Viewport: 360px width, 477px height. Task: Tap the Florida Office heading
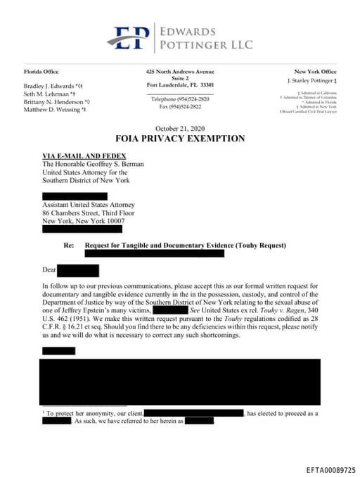click(x=41, y=72)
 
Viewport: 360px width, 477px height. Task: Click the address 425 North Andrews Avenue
click(x=180, y=72)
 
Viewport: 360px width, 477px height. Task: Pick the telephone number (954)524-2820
click(x=180, y=99)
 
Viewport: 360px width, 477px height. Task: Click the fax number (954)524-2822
click(x=180, y=106)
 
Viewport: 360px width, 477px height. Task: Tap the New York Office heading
click(x=315, y=72)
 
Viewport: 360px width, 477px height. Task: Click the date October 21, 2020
click(x=180, y=128)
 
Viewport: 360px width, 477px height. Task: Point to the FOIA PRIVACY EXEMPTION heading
click(x=180, y=139)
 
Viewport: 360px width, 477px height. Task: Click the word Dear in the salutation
click(x=49, y=270)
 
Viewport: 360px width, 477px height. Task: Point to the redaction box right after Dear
click(x=78, y=270)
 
